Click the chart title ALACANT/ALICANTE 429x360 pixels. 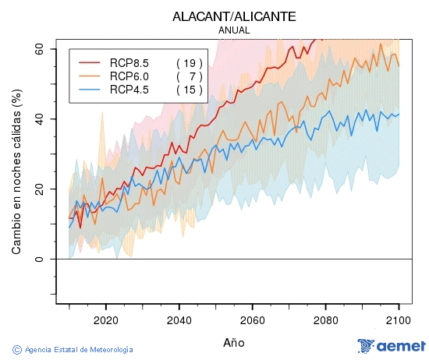[234, 16]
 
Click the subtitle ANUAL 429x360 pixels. [234, 30]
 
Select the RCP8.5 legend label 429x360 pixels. [129, 63]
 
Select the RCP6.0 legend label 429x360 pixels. [129, 76]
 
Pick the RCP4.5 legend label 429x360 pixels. [129, 90]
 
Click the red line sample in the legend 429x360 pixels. [88, 63]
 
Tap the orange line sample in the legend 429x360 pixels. [88, 76]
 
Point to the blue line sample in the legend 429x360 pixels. [88, 90]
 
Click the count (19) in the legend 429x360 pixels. [190, 63]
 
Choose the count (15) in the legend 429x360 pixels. [190, 90]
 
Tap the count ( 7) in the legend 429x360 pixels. [190, 76]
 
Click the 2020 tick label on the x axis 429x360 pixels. [105, 319]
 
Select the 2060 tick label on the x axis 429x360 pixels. [252, 319]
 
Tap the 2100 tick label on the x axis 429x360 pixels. [399, 319]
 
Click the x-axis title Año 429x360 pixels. [234, 342]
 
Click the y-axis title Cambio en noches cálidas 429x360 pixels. [16, 171]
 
